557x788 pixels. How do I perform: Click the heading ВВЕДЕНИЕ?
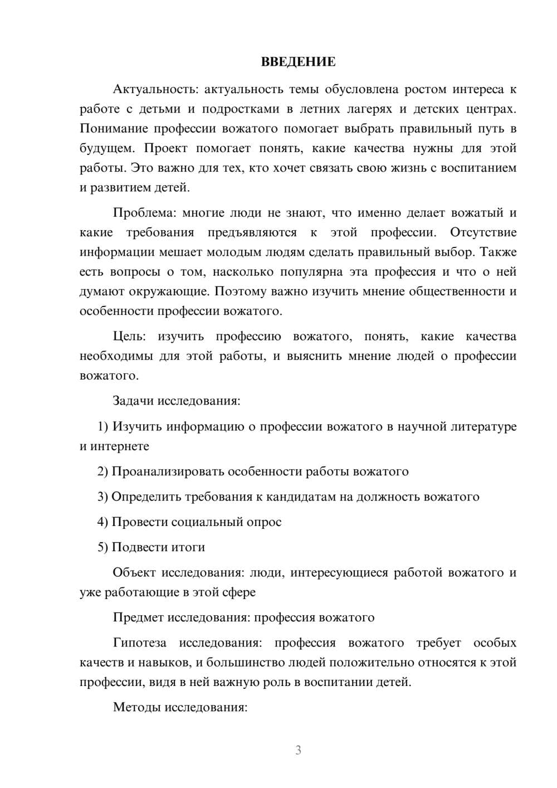(298, 62)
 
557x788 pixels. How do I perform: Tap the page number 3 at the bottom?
(298, 750)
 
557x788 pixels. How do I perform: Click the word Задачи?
(134, 401)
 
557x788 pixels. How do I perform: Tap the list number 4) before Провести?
(103, 522)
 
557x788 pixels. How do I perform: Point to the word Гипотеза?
(139, 643)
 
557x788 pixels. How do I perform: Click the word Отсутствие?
(483, 232)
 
